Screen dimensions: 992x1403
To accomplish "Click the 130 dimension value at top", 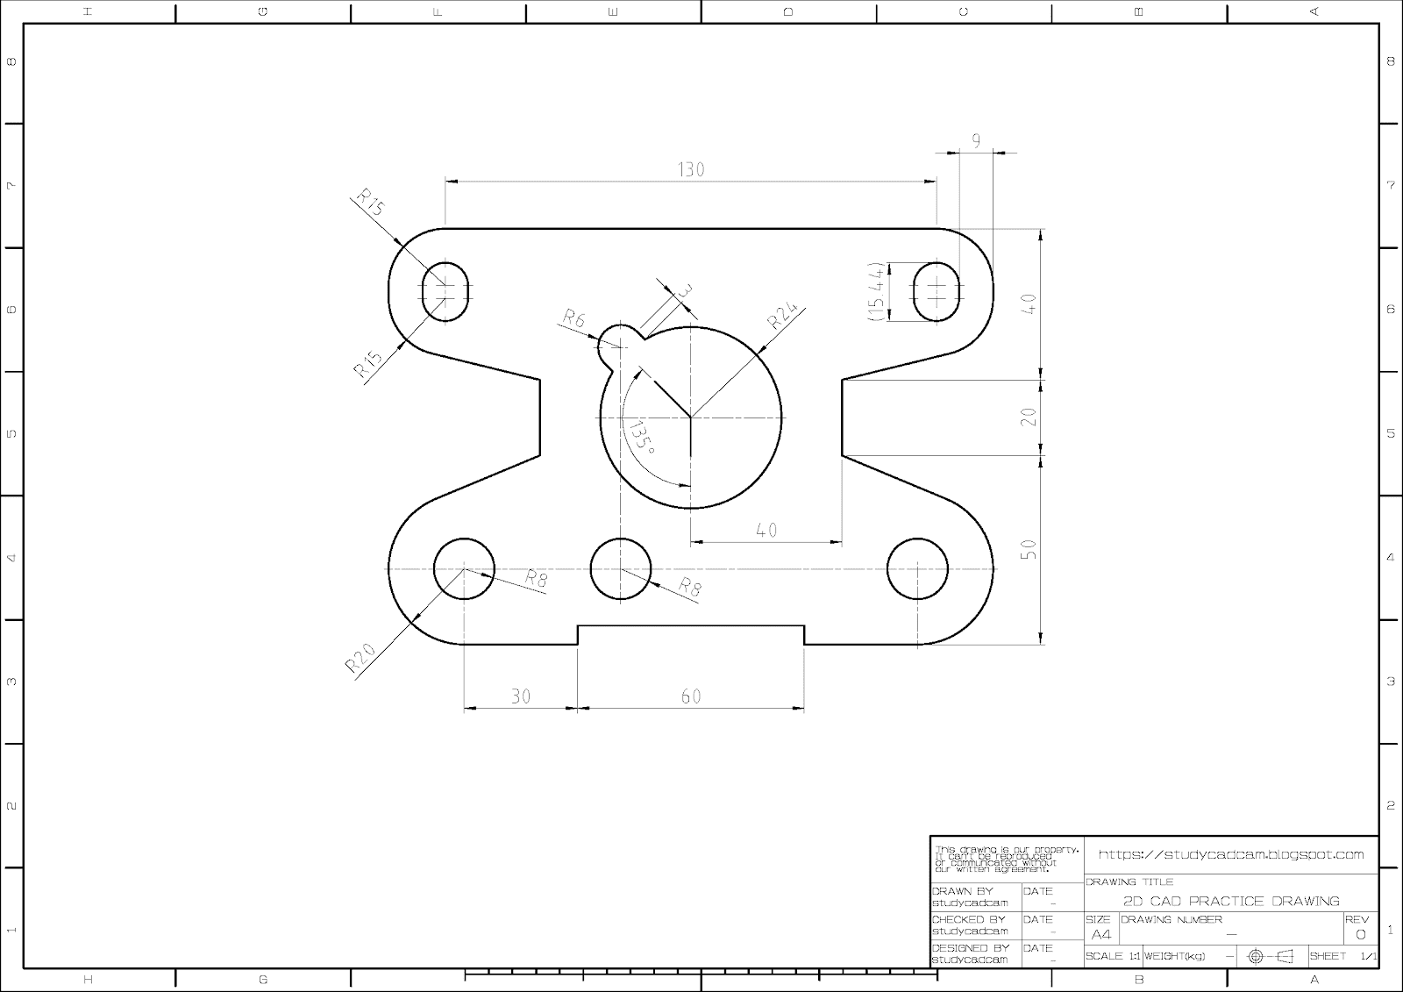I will (x=691, y=169).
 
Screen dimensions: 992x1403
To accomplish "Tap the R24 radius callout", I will (x=784, y=316).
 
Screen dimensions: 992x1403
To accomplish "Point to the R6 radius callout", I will (x=573, y=318).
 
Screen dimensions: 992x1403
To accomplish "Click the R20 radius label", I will (x=360, y=658).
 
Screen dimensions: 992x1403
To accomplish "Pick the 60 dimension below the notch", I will (x=691, y=696).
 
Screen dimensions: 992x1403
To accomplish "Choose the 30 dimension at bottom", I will (x=521, y=696).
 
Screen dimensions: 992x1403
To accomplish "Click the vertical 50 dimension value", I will (x=1029, y=550).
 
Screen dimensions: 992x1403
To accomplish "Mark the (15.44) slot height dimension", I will (x=875, y=291).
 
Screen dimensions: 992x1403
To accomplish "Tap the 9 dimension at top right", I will (x=976, y=139).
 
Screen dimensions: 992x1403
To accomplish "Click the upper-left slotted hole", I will (x=445, y=290).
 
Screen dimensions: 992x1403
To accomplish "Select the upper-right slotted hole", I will (x=937, y=290).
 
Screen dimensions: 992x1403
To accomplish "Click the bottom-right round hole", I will (x=917, y=568).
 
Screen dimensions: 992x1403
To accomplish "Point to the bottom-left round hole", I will (x=464, y=568).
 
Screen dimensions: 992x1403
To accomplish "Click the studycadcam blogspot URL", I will (x=1231, y=853).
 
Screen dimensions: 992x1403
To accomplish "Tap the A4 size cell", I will (x=1101, y=934).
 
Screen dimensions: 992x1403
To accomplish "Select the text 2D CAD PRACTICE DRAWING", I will (x=1231, y=901).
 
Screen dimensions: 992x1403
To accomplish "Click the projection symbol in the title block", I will (x=1271, y=956).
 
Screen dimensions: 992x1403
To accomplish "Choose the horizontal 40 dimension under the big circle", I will (x=766, y=530).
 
